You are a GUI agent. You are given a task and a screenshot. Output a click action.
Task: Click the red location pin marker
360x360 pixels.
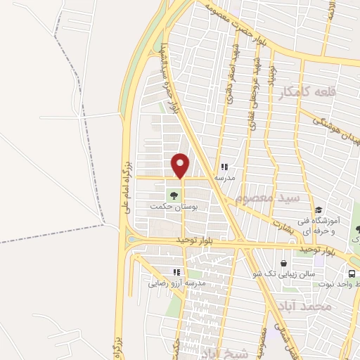(181, 165)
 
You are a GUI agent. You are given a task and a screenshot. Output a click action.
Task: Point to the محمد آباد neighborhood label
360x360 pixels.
(323, 307)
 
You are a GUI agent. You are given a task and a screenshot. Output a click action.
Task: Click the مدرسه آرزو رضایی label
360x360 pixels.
(176, 285)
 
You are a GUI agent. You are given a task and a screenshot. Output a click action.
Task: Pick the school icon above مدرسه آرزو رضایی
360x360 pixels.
(176, 272)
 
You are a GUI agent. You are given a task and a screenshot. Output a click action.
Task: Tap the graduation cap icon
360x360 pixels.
(319, 210)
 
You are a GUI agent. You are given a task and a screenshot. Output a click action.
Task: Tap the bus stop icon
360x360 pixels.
(350, 274)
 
